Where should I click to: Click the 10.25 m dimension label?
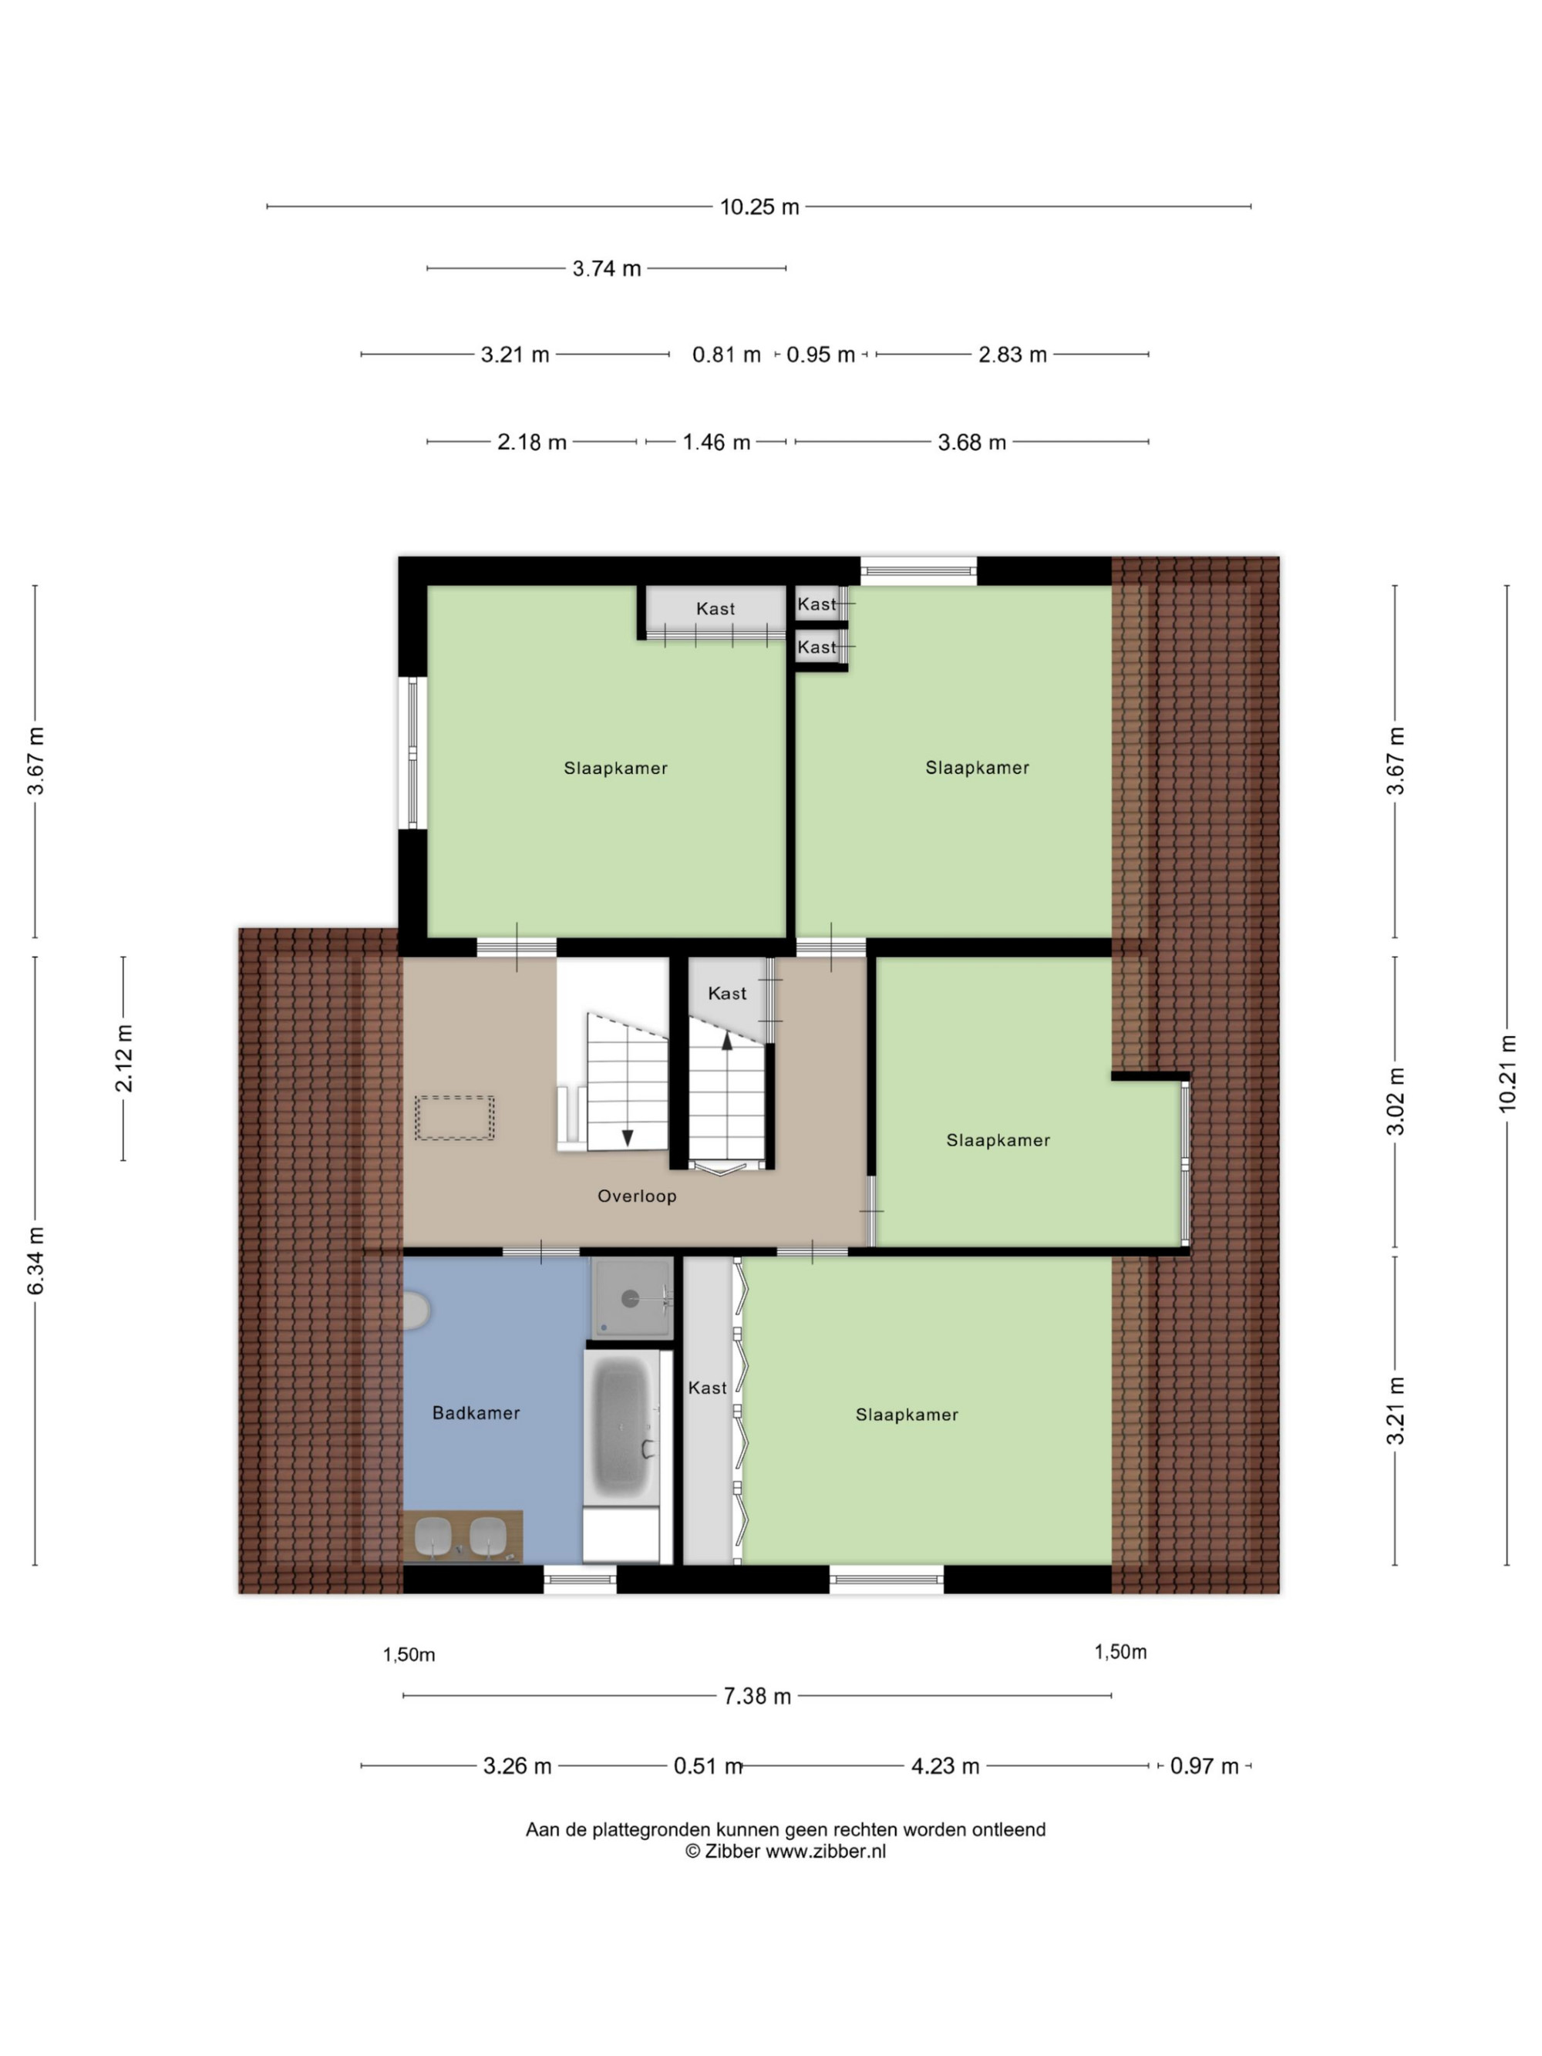pos(759,207)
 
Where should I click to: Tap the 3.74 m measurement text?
pos(606,268)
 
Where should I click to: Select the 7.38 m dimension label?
pos(756,1696)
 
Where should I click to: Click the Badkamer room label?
pos(476,1413)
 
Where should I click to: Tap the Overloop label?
pos(637,1196)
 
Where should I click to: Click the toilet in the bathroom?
pos(416,1310)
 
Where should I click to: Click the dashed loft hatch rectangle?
pos(455,1118)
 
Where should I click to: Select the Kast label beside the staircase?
pos(727,994)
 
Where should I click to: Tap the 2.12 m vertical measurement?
pos(123,1058)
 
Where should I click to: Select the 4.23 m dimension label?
pos(945,1766)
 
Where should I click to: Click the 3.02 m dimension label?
pos(1396,1102)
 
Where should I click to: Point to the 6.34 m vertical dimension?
pos(35,1260)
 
